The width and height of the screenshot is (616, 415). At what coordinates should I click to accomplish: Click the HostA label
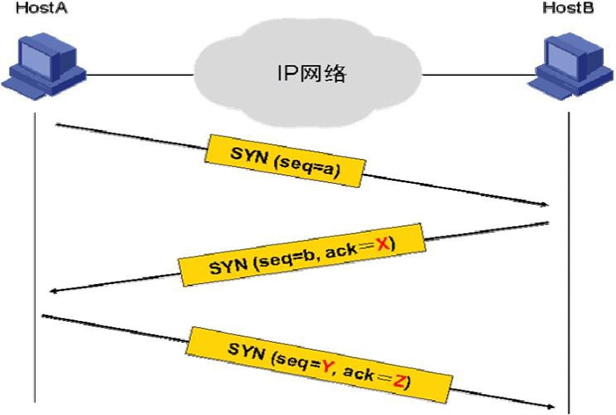(41, 8)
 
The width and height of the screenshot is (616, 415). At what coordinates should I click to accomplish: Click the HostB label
(568, 8)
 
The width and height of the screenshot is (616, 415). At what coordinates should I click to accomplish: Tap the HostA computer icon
(44, 66)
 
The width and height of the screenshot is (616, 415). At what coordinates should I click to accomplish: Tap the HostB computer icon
(570, 66)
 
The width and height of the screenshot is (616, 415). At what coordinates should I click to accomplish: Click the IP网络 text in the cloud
(312, 73)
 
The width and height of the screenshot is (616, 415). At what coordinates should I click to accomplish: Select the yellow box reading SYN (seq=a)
(285, 161)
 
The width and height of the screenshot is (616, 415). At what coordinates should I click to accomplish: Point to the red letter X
(382, 244)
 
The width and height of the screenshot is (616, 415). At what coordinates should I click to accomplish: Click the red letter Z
(398, 381)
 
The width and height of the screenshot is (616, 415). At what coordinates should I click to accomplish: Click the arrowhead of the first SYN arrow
(545, 204)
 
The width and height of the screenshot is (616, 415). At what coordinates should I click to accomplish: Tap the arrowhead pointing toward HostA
(54, 291)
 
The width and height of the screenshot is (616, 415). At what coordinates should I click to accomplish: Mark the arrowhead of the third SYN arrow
(551, 406)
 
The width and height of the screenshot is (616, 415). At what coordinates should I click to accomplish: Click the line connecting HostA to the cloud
(140, 74)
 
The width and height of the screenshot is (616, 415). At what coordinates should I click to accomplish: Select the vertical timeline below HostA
(35, 258)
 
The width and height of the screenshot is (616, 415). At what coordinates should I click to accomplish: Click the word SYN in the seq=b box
(228, 267)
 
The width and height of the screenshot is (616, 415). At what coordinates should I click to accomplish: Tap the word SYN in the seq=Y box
(246, 351)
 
